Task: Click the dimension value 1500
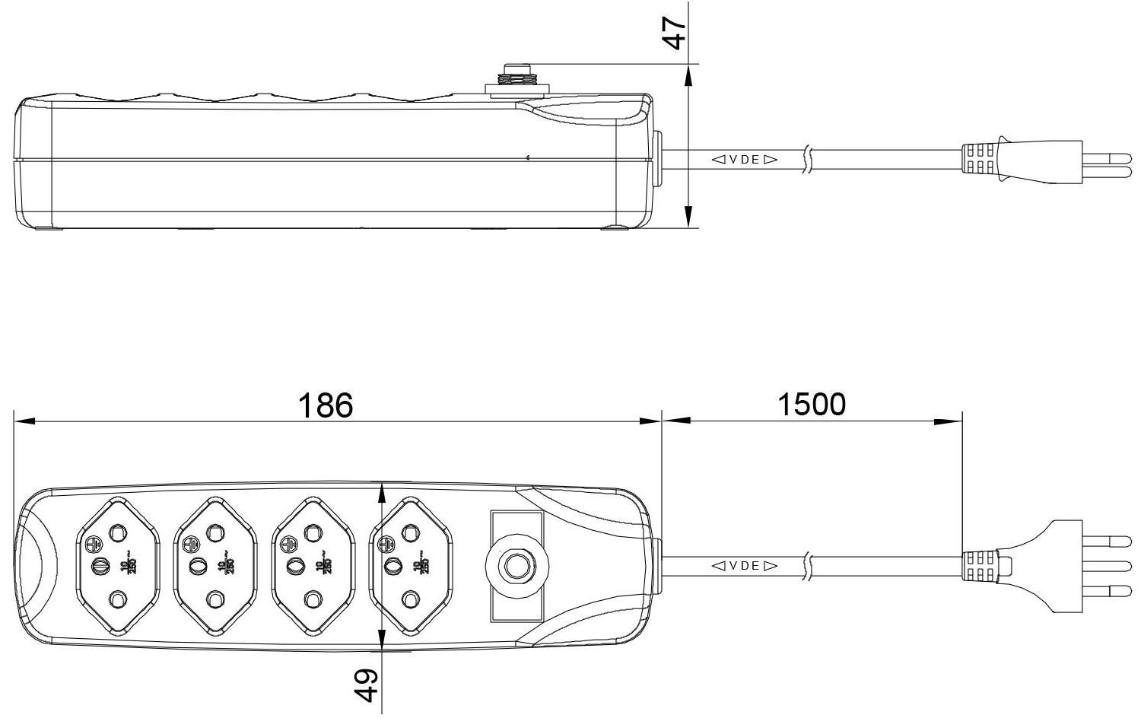click(811, 404)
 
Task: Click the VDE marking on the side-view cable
click(745, 160)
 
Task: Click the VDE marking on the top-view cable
click(745, 565)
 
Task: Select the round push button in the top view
click(516, 566)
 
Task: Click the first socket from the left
click(118, 566)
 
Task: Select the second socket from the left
click(215, 566)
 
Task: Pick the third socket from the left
click(313, 566)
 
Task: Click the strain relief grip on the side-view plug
click(980, 160)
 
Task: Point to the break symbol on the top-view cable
click(806, 566)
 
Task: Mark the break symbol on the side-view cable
click(806, 160)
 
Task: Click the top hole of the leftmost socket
click(117, 532)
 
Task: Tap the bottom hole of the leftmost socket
click(117, 600)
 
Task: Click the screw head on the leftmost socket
click(94, 545)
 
